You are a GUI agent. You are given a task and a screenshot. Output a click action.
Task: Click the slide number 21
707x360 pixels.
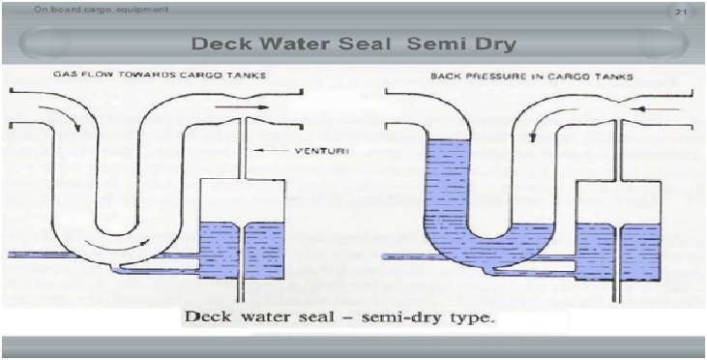click(x=680, y=13)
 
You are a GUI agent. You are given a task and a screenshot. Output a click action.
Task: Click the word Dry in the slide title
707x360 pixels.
click(x=491, y=45)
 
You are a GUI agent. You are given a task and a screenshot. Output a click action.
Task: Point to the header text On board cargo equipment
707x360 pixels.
click(x=101, y=9)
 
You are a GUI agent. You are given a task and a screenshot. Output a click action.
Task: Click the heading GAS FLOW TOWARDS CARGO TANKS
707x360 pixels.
click(x=160, y=75)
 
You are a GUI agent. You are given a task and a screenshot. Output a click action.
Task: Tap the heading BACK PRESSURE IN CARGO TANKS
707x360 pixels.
click(x=532, y=76)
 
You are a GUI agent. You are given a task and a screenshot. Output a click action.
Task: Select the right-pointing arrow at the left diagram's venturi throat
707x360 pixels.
click(x=242, y=107)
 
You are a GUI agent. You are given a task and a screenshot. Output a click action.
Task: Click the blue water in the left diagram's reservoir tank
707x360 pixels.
click(x=242, y=250)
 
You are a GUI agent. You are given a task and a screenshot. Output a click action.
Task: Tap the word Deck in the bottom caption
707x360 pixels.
click(x=205, y=317)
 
